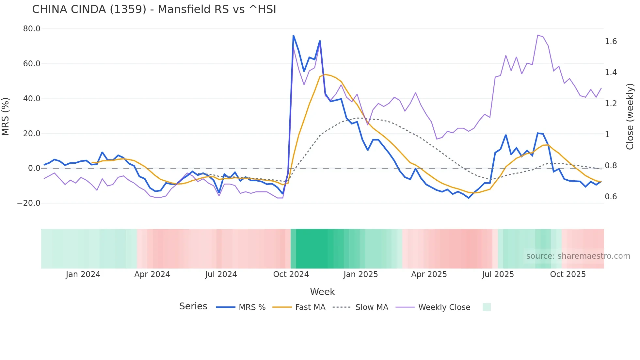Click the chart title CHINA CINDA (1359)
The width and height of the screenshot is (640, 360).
154,9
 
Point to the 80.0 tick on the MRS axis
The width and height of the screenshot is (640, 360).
32,29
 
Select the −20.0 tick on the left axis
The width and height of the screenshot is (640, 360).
29,203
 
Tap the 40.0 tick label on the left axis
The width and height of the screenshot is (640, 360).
32,99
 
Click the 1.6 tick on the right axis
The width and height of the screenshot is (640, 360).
611,41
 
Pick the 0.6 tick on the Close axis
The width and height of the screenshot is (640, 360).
611,197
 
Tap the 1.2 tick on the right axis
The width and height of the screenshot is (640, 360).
611,104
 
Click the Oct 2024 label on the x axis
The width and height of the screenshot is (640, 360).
291,274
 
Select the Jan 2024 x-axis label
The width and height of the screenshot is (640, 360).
83,274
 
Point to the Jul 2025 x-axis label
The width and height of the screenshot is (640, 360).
498,274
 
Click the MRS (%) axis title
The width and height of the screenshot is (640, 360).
6,116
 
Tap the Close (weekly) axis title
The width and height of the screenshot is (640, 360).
630,116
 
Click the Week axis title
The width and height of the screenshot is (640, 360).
322,292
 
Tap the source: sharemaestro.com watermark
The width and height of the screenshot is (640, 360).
578,256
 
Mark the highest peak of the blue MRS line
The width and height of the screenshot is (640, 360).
293,35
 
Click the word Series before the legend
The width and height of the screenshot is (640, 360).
193,306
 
